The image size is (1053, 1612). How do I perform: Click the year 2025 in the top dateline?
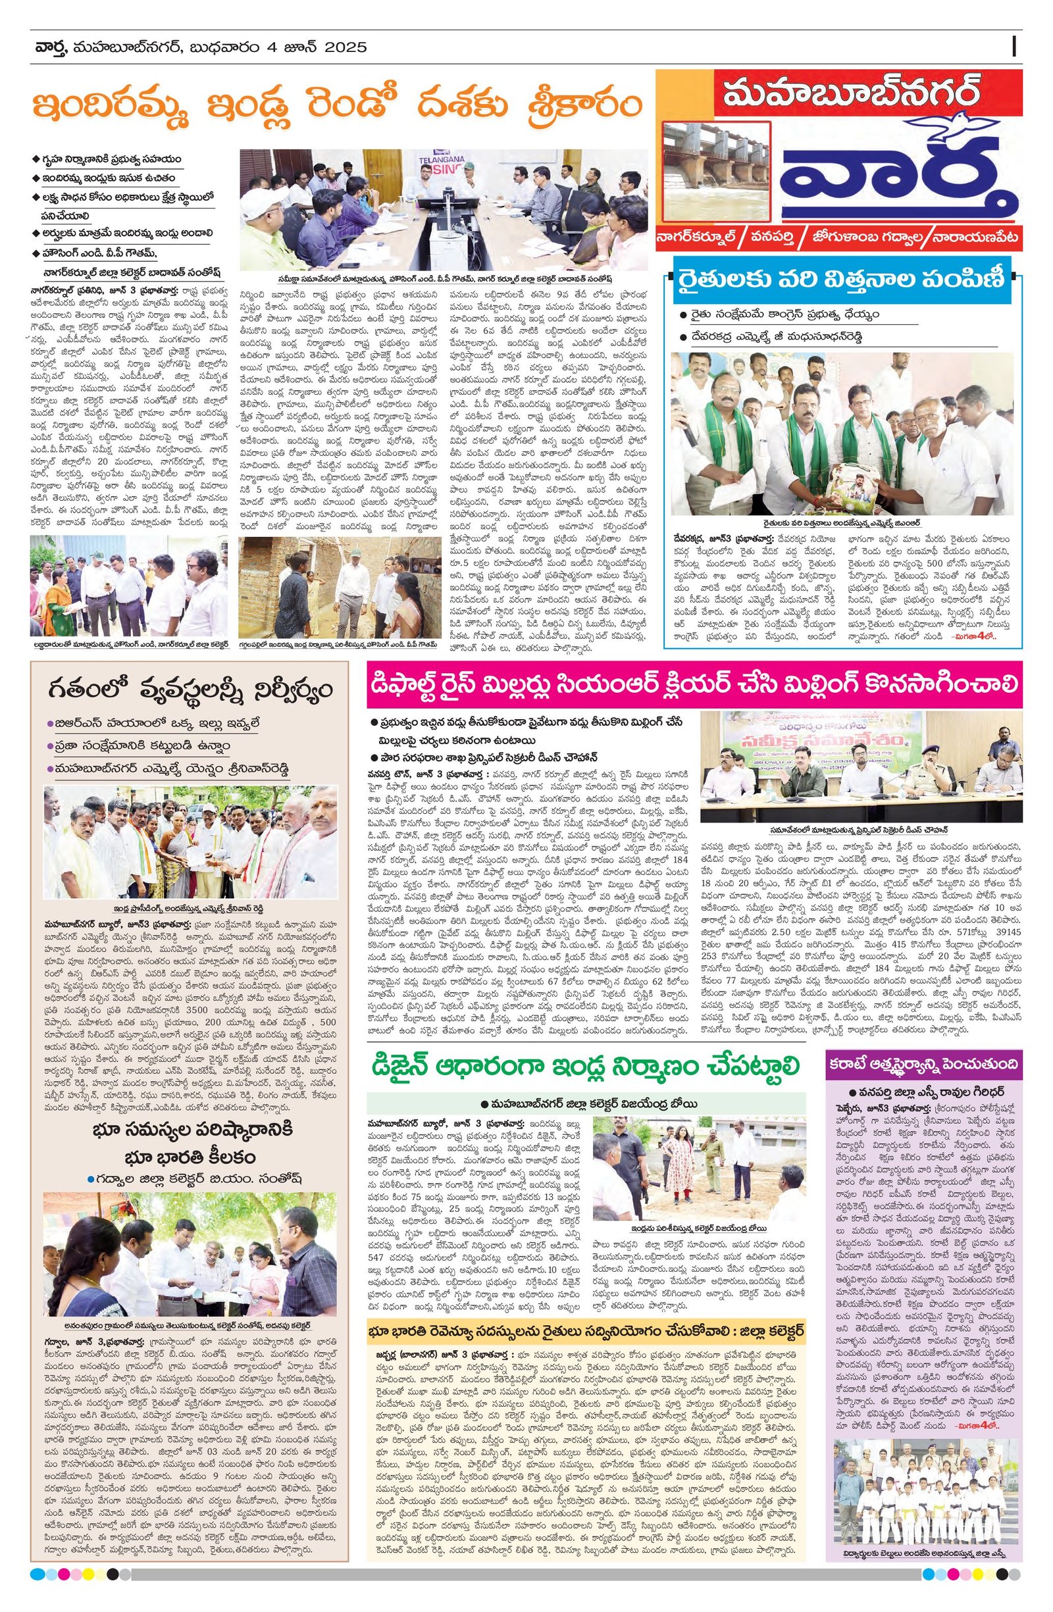pos(346,47)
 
